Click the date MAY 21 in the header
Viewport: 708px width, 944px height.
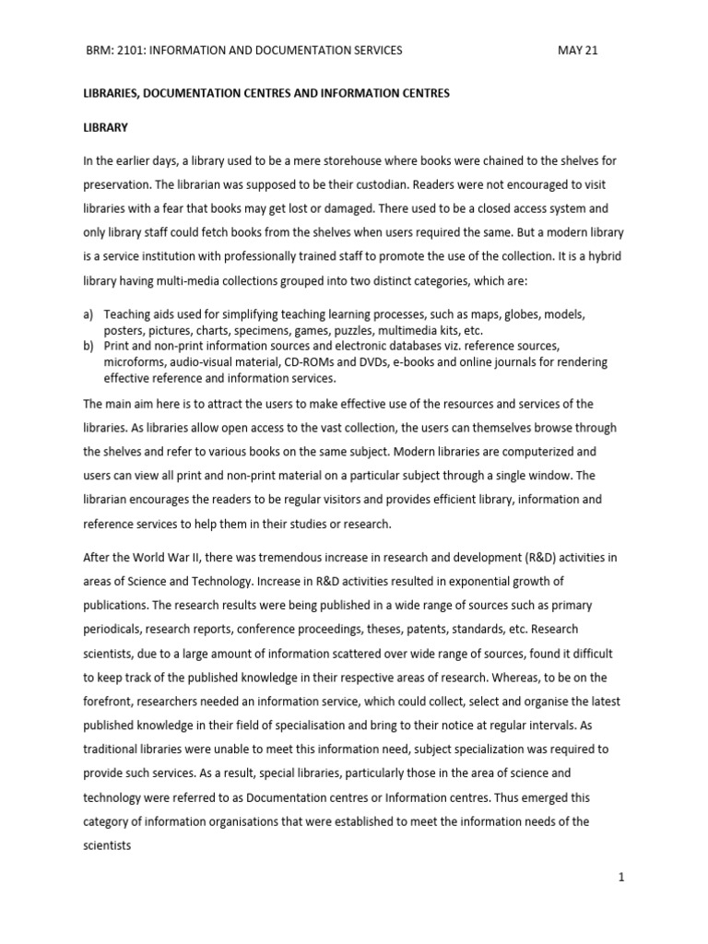click(x=578, y=50)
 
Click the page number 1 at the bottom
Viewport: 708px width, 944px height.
click(x=622, y=877)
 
